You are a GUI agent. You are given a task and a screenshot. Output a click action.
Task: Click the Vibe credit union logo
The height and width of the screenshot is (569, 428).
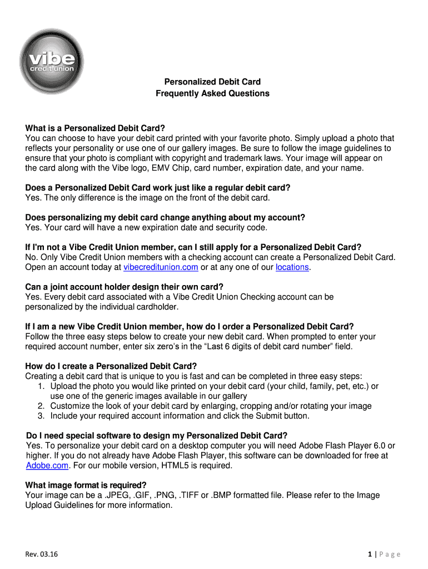coord(51,61)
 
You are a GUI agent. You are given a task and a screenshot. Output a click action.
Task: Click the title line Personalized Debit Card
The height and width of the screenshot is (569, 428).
coord(212,82)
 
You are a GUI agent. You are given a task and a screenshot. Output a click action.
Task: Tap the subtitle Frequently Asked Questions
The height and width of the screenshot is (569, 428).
coord(212,93)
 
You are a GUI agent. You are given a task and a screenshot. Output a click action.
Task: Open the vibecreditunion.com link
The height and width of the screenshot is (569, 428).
coord(161,267)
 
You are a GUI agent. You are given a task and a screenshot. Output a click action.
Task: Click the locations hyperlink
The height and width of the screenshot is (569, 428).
coord(292,267)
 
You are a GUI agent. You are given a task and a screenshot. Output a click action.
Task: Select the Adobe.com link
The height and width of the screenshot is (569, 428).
coord(47,466)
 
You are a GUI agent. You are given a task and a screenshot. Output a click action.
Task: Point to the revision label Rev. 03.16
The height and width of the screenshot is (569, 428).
coord(42,554)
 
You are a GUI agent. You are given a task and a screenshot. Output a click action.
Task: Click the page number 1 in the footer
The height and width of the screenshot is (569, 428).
coord(370,554)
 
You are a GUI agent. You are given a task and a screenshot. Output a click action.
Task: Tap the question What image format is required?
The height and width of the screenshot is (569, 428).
coord(86,485)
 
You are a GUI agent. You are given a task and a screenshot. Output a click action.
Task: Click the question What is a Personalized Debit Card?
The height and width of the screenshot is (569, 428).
coord(96,128)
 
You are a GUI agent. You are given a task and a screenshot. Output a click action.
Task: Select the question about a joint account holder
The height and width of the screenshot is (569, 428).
coord(125,287)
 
